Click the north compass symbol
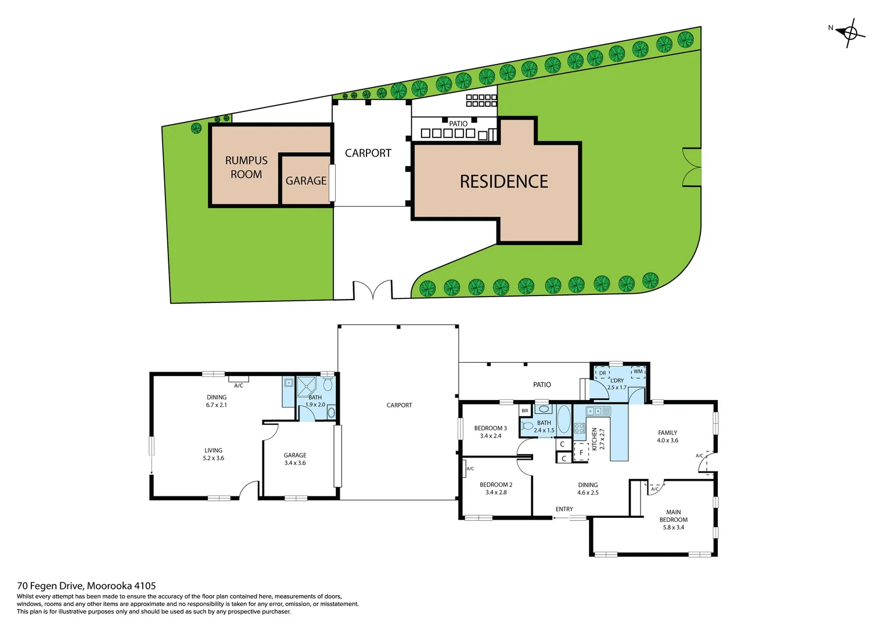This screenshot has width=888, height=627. [851, 33]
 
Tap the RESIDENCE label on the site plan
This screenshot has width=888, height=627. [504, 182]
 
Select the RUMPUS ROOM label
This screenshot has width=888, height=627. [246, 167]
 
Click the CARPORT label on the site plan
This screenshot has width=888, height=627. [368, 153]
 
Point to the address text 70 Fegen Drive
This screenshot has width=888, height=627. [87, 586]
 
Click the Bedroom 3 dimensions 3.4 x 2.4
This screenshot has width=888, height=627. [490, 436]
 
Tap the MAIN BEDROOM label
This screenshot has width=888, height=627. [673, 516]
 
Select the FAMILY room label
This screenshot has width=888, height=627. [667, 433]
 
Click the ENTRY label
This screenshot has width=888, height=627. [564, 509]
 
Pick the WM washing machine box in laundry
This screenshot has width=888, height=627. [638, 372]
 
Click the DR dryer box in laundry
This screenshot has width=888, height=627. [602, 373]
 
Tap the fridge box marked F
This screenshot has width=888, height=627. [581, 452]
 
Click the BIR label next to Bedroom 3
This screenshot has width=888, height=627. [525, 411]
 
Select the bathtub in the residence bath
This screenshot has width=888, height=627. [563, 419]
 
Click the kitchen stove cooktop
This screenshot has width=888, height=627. [579, 428]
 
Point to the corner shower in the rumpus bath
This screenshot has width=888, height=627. [307, 385]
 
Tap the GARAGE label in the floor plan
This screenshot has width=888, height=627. [295, 455]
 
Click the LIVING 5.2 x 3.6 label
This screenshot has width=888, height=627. [213, 454]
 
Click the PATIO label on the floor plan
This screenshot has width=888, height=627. [542, 385]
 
